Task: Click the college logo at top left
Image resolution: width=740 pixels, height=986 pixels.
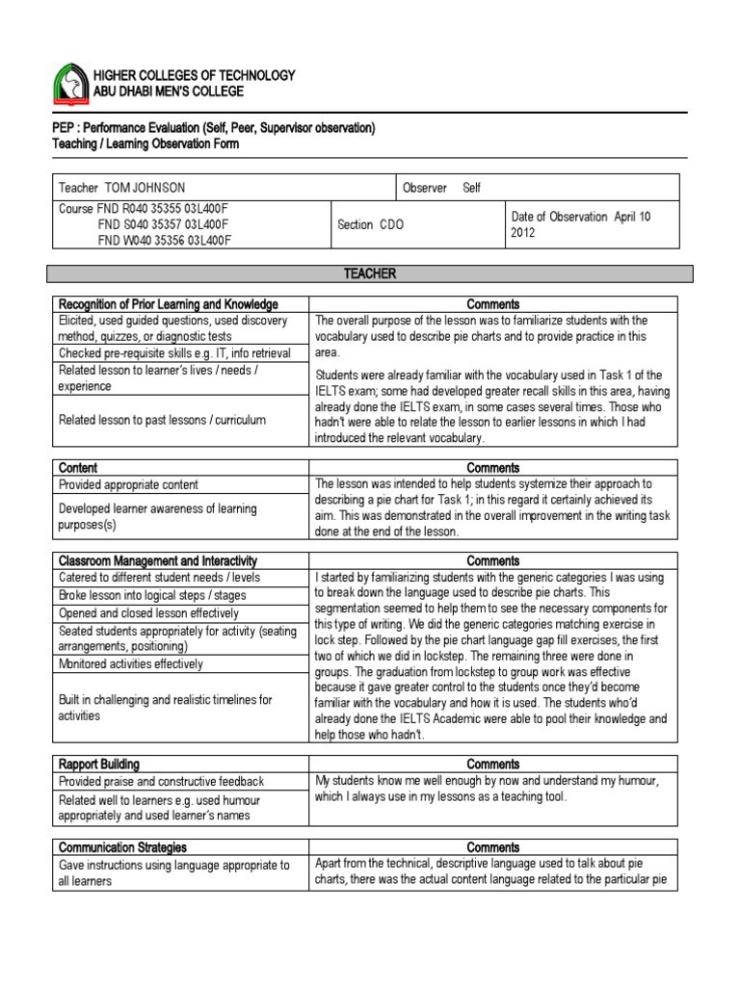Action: (x=69, y=84)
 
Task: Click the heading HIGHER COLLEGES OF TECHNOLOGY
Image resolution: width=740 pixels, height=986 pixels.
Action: (x=194, y=75)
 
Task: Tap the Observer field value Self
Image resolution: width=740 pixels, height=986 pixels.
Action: (x=471, y=188)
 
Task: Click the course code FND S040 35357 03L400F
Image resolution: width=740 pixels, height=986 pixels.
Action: (x=164, y=224)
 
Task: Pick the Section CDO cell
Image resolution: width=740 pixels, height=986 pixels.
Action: (x=371, y=224)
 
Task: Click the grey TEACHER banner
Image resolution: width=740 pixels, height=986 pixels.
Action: (x=370, y=274)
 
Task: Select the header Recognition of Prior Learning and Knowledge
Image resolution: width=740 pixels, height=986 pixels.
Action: (x=168, y=304)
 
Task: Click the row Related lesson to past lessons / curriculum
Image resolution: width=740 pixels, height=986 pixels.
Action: (x=162, y=420)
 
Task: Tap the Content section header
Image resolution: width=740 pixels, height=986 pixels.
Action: (x=78, y=468)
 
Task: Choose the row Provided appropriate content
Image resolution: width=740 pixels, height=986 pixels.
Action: (x=128, y=484)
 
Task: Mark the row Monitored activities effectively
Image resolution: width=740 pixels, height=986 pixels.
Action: (x=131, y=664)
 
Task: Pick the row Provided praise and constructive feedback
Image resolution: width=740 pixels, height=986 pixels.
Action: (x=161, y=782)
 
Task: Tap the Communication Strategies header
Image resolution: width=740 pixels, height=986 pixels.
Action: (x=122, y=847)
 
